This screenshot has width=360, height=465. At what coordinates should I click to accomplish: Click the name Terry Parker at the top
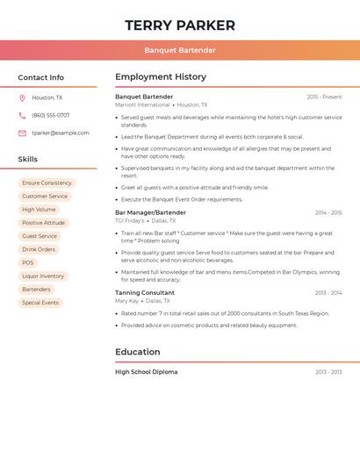(180, 25)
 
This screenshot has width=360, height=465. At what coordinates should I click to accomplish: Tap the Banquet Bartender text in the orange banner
(180, 50)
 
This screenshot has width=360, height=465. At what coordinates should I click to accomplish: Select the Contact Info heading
(40, 77)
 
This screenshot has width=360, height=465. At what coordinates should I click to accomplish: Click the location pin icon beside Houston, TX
(22, 97)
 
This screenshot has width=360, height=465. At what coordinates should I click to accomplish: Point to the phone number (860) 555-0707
(51, 115)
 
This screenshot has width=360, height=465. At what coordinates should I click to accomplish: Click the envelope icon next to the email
(22, 133)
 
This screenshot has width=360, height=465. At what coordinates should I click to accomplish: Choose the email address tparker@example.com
(61, 133)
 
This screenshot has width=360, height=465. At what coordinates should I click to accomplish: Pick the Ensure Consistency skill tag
(47, 183)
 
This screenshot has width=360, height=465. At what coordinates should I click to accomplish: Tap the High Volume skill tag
(39, 210)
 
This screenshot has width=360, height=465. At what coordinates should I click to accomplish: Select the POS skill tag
(28, 262)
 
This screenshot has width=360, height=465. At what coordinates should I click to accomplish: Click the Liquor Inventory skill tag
(43, 275)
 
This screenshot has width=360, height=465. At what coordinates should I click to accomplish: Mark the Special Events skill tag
(40, 303)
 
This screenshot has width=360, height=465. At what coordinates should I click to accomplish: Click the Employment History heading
(161, 77)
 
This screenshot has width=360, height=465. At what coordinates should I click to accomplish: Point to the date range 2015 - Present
(324, 97)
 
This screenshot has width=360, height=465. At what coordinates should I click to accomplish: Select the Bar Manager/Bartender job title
(150, 212)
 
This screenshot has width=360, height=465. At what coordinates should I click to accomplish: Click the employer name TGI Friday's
(130, 221)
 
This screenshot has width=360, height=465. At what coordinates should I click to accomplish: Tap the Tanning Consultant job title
(145, 292)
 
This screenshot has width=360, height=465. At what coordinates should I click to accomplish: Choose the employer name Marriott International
(142, 104)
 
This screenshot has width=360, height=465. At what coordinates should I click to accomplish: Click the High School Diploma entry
(146, 372)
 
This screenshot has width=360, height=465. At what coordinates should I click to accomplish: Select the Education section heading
(138, 352)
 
